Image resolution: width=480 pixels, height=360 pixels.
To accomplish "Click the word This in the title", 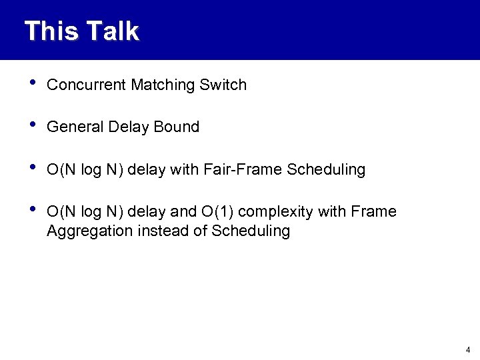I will point(49,31).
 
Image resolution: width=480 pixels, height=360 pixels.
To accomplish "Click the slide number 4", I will point(468,349).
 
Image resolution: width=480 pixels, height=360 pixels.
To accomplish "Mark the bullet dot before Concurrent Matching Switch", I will point(26,83).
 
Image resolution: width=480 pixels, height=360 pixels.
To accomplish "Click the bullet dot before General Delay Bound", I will point(26,125).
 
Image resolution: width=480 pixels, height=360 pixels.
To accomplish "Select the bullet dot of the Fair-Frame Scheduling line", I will point(26,168).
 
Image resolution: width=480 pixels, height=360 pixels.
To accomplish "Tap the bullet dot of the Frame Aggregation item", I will point(26,210).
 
